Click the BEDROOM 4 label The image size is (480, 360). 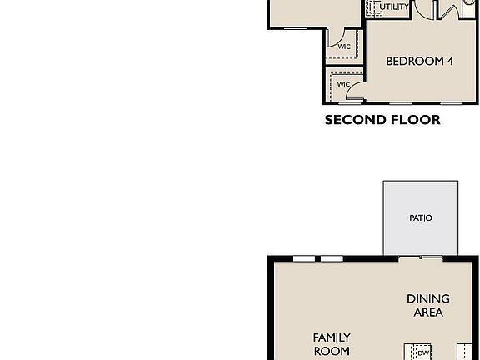(419, 62)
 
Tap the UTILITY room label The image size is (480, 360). (394, 7)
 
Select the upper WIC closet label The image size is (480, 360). (343, 47)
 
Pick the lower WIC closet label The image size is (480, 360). (342, 84)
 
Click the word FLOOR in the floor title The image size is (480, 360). (413, 120)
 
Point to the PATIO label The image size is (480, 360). (421, 218)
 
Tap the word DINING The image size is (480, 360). (428, 298)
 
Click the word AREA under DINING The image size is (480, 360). (428, 312)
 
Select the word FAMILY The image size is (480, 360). (332, 337)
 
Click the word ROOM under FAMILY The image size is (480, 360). (332, 351)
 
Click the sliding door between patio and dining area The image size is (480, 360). (421, 257)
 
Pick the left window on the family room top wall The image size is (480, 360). (304, 258)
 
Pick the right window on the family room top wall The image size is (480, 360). (332, 258)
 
